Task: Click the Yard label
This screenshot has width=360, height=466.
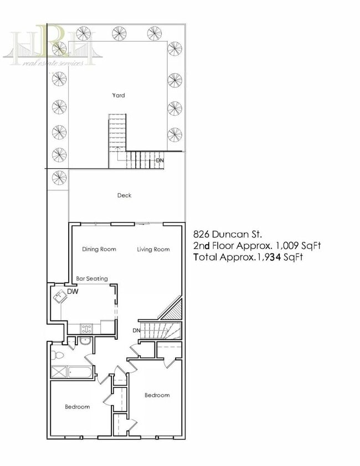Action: point(119,95)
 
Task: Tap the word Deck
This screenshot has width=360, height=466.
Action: point(124,195)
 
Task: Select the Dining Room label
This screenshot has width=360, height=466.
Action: point(99,249)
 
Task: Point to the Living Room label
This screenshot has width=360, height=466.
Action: point(153,249)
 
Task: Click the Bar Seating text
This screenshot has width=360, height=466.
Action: point(91,278)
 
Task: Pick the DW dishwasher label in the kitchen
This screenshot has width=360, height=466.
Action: point(72,291)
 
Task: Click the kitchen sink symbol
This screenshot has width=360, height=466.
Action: point(60,297)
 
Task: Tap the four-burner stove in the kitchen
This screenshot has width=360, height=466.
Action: point(87,329)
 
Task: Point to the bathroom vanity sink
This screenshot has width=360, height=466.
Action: point(84,340)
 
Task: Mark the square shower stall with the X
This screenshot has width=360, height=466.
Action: point(58,371)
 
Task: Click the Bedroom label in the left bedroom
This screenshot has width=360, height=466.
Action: point(77,407)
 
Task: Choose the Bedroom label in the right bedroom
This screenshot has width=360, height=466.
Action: point(157,395)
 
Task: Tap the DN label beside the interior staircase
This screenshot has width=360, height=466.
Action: point(136,330)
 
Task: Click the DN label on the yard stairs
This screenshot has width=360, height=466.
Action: point(160,160)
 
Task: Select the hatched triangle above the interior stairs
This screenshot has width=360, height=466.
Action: point(173,312)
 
